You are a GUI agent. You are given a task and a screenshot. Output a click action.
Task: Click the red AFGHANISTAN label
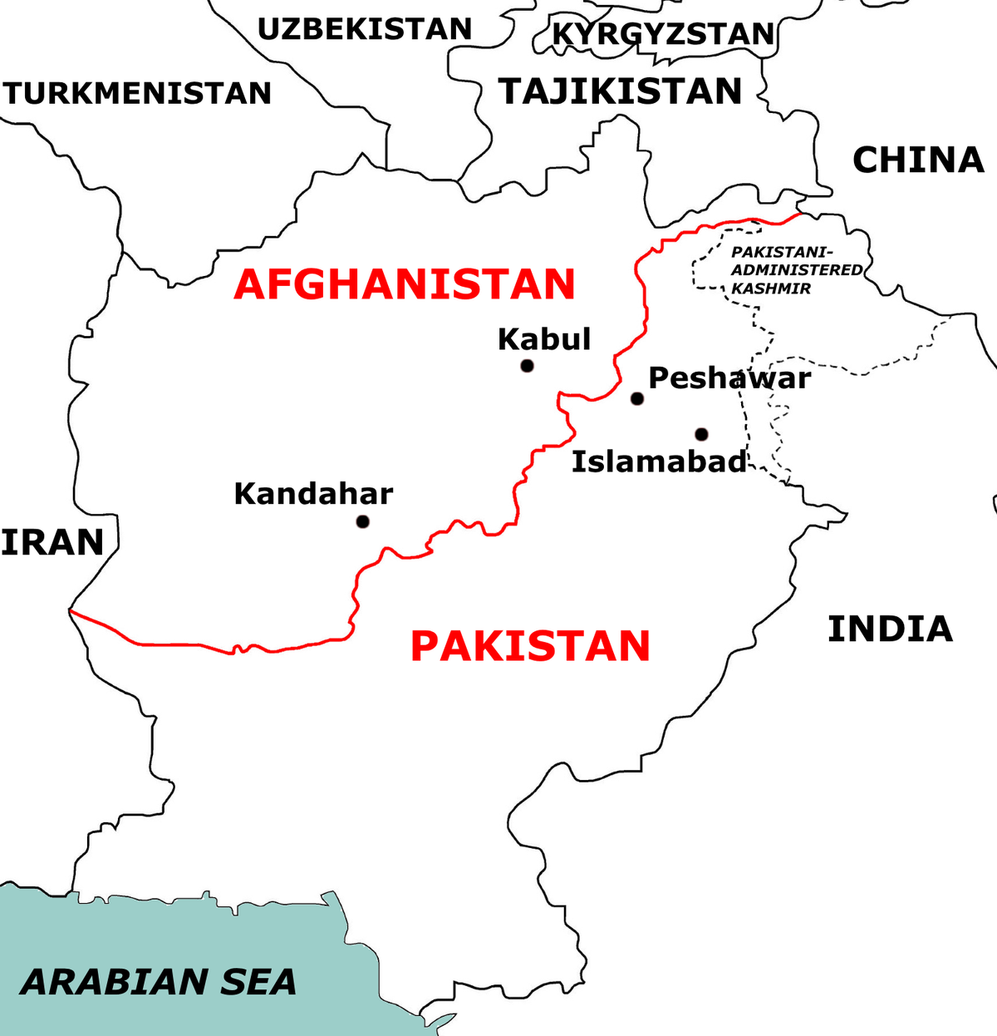pyautogui.click(x=405, y=284)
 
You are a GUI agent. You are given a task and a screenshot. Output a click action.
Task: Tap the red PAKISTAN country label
pyautogui.click(x=530, y=646)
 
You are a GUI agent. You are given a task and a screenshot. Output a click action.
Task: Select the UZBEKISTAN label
pyautogui.click(x=365, y=29)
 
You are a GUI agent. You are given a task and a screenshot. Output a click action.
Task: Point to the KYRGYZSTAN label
pyautogui.click(x=663, y=34)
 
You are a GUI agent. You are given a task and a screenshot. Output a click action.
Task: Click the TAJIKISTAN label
pyautogui.click(x=620, y=91)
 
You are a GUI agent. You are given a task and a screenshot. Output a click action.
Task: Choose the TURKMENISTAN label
pyautogui.click(x=137, y=93)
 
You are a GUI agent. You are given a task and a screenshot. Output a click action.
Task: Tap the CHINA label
pyautogui.click(x=918, y=160)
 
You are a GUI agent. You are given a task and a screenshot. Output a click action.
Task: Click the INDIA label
pyautogui.click(x=890, y=629)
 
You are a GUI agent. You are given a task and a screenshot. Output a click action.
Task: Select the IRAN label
pyautogui.click(x=52, y=542)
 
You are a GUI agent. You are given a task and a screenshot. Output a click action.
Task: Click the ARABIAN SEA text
pyautogui.click(x=159, y=982)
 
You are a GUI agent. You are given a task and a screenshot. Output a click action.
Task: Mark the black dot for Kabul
pyautogui.click(x=527, y=366)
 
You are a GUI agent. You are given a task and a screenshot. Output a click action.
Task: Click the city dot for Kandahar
pyautogui.click(x=362, y=522)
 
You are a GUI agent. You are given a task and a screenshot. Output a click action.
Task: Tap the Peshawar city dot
pyautogui.click(x=637, y=398)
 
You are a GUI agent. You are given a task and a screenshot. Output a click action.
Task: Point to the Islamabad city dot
pyautogui.click(x=701, y=434)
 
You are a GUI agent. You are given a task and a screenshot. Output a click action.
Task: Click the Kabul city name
pyautogui.click(x=544, y=339)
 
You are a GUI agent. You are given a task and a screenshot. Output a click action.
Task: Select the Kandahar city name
pyautogui.click(x=313, y=494)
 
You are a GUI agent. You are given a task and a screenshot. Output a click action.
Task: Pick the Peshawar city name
pyautogui.click(x=729, y=378)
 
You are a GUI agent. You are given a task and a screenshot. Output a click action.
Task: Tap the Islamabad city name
pyautogui.click(x=659, y=461)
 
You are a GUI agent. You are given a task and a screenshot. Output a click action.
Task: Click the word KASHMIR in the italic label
pyautogui.click(x=771, y=289)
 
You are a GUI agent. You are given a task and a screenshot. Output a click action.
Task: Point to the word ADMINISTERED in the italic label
pyautogui.click(x=797, y=270)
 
